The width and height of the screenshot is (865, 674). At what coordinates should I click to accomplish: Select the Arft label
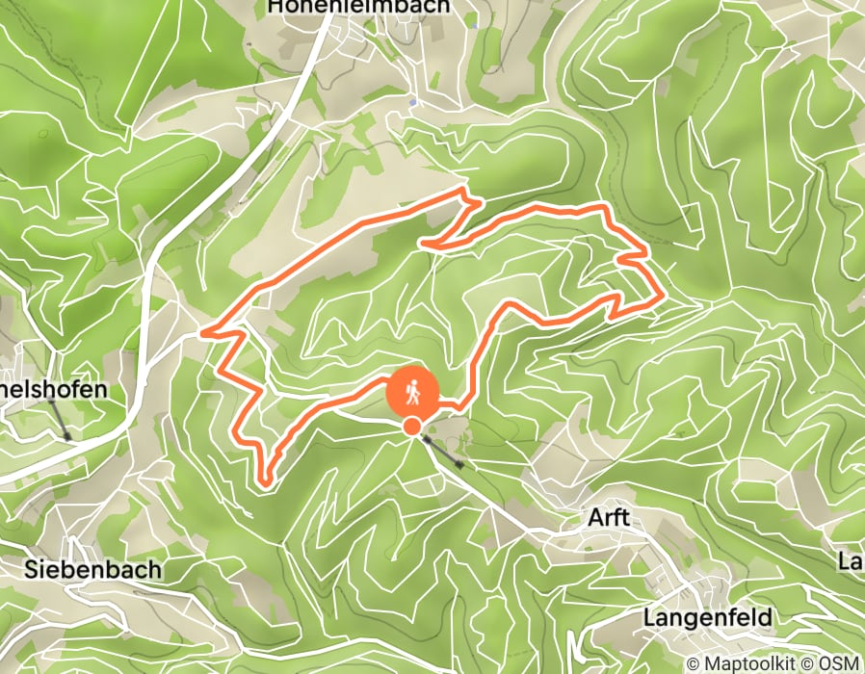608,518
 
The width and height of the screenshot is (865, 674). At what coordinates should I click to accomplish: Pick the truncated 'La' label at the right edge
850,560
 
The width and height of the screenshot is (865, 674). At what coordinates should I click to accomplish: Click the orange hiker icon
412,393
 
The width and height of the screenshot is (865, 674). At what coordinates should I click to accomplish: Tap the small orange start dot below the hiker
412,427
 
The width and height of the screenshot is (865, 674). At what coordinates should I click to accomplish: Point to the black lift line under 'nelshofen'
59,419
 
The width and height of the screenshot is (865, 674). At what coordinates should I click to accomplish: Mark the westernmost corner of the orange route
202,333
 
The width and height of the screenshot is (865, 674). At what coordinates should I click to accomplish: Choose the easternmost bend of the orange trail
660,300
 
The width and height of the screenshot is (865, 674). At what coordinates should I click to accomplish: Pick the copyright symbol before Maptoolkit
694,663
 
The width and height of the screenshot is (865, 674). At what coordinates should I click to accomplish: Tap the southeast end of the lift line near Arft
461,467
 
